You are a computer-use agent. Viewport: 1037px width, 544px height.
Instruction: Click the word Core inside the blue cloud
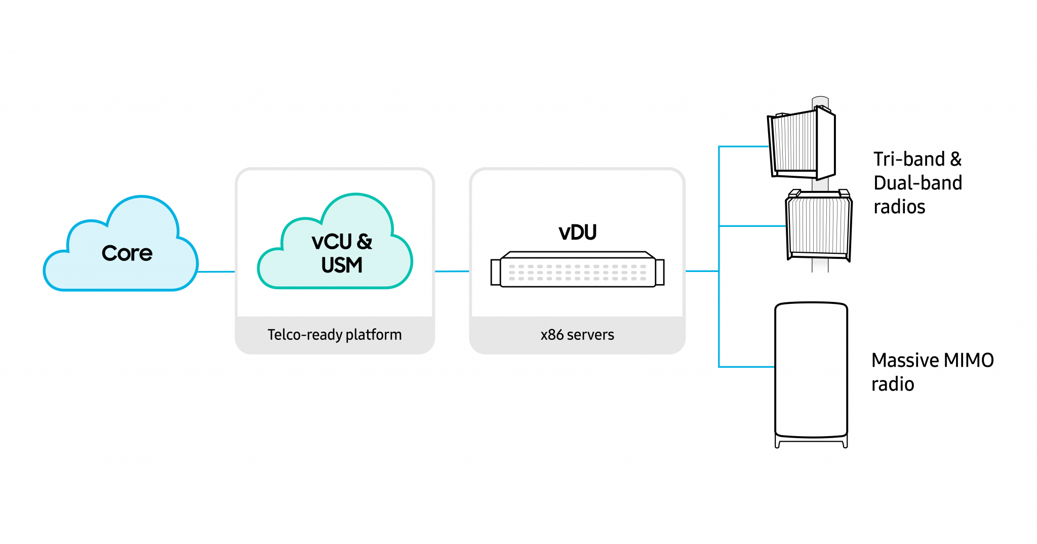pyautogui.click(x=127, y=253)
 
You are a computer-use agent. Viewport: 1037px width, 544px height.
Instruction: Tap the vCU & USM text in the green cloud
pyautogui.click(x=342, y=253)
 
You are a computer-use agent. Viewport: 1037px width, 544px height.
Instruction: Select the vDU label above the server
pyautogui.click(x=577, y=232)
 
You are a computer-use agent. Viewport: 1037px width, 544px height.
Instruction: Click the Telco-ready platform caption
pyautogui.click(x=334, y=335)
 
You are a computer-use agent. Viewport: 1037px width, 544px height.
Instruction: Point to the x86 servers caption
pyautogui.click(x=577, y=335)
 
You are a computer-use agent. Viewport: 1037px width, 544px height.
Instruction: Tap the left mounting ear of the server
pyautogui.click(x=495, y=273)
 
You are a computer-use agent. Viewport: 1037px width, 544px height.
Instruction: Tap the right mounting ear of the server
pyautogui.click(x=660, y=273)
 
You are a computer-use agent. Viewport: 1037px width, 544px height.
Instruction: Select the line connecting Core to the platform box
pyautogui.click(x=216, y=271)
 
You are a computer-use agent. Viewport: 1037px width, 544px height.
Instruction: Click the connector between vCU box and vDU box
pyautogui.click(x=452, y=271)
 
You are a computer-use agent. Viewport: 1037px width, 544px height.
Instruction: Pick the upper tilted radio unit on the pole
pyautogui.click(x=800, y=144)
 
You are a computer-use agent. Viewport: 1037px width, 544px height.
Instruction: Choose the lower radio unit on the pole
pyautogui.click(x=818, y=225)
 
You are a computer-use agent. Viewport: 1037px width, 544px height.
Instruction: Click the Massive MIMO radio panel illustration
pyautogui.click(x=811, y=370)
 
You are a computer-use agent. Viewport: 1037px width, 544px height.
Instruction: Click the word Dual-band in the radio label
pyautogui.click(x=918, y=183)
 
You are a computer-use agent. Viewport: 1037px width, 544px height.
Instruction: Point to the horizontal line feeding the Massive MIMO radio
pyautogui.click(x=747, y=367)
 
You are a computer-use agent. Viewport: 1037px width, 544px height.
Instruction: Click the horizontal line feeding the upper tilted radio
pyautogui.click(x=743, y=147)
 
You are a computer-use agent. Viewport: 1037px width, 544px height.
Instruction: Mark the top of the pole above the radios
pyautogui.click(x=820, y=100)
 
